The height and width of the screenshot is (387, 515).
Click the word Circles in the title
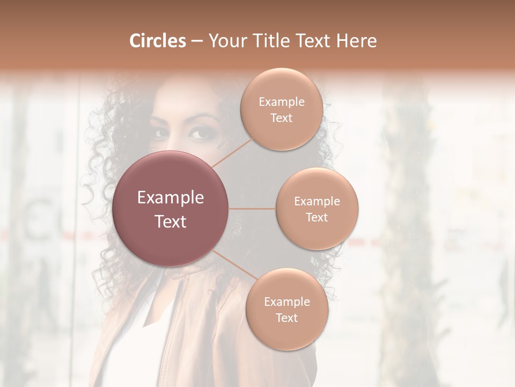click(158, 41)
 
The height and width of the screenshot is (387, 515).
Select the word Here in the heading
click(356, 41)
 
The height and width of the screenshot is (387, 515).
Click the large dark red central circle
click(171, 209)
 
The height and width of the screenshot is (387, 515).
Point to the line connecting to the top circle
click(232, 152)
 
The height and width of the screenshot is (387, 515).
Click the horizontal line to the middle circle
click(252, 209)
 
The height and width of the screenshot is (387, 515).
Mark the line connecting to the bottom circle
click(234, 265)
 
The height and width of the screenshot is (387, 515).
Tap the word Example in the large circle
click(171, 198)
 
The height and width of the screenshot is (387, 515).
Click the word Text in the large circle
click(171, 221)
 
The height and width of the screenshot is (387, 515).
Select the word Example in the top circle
click(281, 102)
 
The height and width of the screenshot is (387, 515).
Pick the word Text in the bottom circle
click(286, 318)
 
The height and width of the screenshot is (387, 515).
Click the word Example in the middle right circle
click(317, 202)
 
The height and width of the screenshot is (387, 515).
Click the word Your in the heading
click(224, 41)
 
